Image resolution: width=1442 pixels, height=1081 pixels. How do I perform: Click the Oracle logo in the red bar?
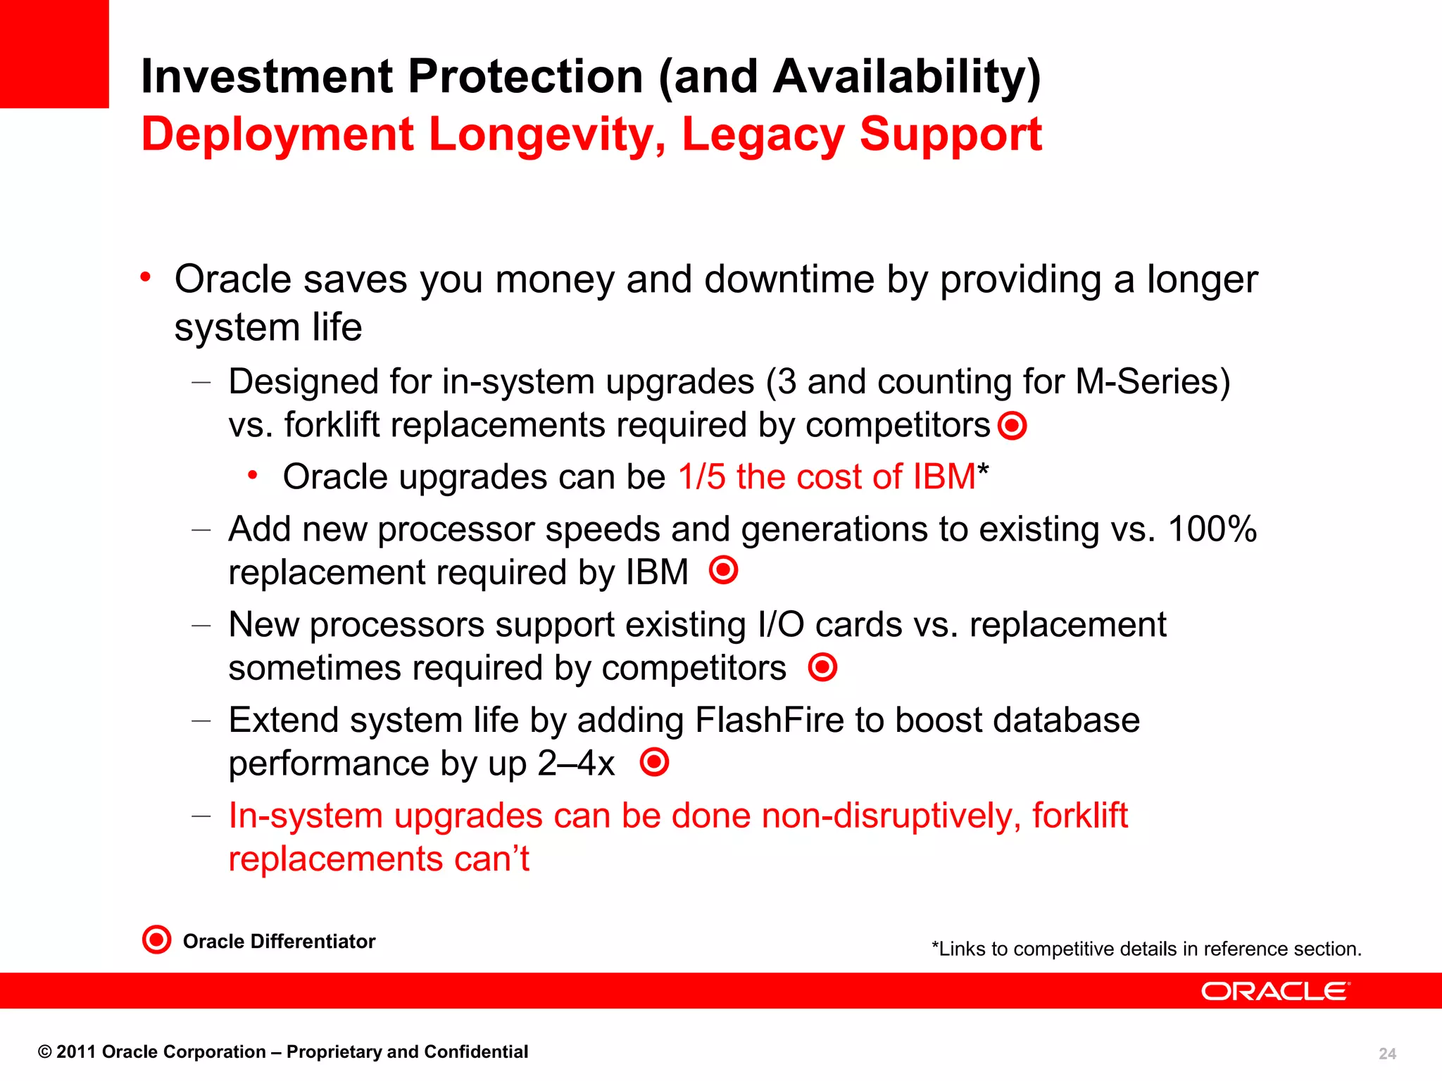click(x=1275, y=991)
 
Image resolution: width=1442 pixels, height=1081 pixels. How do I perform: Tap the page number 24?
click(x=1387, y=1054)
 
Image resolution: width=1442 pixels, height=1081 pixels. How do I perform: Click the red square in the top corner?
click(x=54, y=53)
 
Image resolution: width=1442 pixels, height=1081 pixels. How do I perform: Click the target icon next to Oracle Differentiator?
click(x=156, y=940)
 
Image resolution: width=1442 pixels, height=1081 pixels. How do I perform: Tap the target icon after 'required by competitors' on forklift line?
click(x=1012, y=425)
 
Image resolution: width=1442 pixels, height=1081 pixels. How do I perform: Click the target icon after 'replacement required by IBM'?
click(x=723, y=570)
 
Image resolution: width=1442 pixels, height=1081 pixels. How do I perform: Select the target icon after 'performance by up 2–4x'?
click(x=654, y=762)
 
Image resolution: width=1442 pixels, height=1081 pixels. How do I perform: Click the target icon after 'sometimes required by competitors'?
click(x=822, y=666)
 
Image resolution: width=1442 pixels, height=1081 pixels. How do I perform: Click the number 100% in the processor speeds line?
click(x=1212, y=529)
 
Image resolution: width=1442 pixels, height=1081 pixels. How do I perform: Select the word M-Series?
click(x=1152, y=381)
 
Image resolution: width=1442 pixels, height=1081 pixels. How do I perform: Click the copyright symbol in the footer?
click(x=45, y=1052)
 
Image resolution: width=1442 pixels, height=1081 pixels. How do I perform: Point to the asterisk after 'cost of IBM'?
click(x=984, y=469)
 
